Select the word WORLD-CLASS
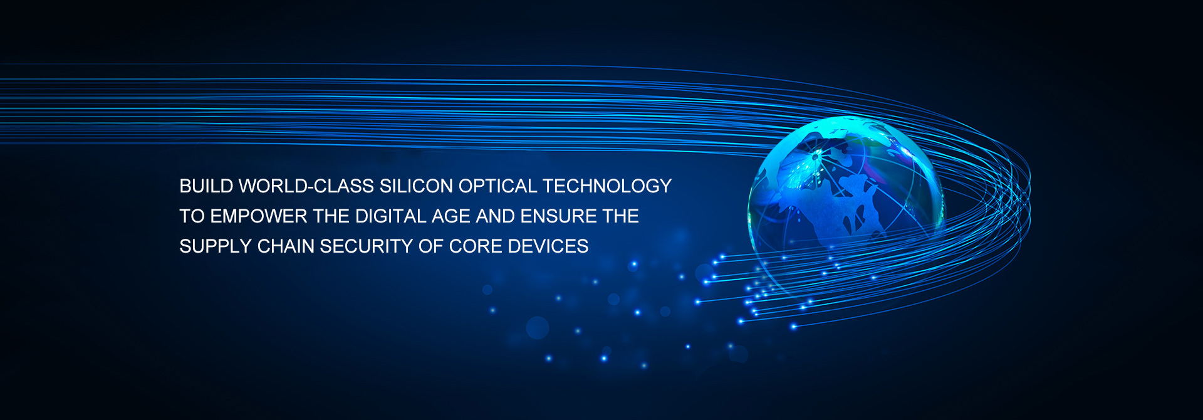(306, 186)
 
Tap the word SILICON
(416, 186)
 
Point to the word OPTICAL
(498, 186)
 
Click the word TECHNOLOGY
(607, 186)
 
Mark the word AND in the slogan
(495, 216)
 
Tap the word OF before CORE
(431, 246)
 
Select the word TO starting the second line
(192, 216)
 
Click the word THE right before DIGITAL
(331, 216)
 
